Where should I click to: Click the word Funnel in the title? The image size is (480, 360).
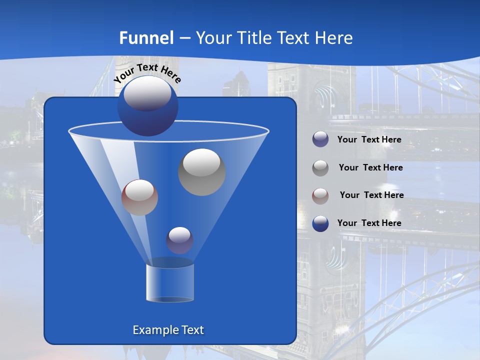click(x=146, y=38)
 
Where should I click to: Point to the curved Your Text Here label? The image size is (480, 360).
click(x=147, y=73)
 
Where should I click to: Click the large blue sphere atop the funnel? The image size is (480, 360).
click(x=147, y=106)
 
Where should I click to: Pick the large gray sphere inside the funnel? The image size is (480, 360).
click(x=201, y=172)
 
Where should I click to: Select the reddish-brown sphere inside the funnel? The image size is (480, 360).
click(x=139, y=197)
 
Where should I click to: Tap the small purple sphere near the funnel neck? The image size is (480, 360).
click(x=179, y=240)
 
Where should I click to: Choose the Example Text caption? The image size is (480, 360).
click(x=168, y=330)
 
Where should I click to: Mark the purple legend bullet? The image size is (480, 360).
click(x=320, y=139)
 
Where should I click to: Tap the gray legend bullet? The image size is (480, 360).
click(x=320, y=167)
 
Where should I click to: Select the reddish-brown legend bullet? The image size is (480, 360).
click(x=320, y=195)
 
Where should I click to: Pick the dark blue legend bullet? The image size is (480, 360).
click(x=320, y=223)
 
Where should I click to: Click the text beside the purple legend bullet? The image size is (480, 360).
click(x=369, y=140)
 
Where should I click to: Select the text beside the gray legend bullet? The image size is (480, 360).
click(x=370, y=168)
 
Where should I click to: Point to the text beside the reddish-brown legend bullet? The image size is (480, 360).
click(x=371, y=195)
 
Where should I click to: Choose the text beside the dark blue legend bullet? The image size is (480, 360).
click(x=369, y=223)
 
